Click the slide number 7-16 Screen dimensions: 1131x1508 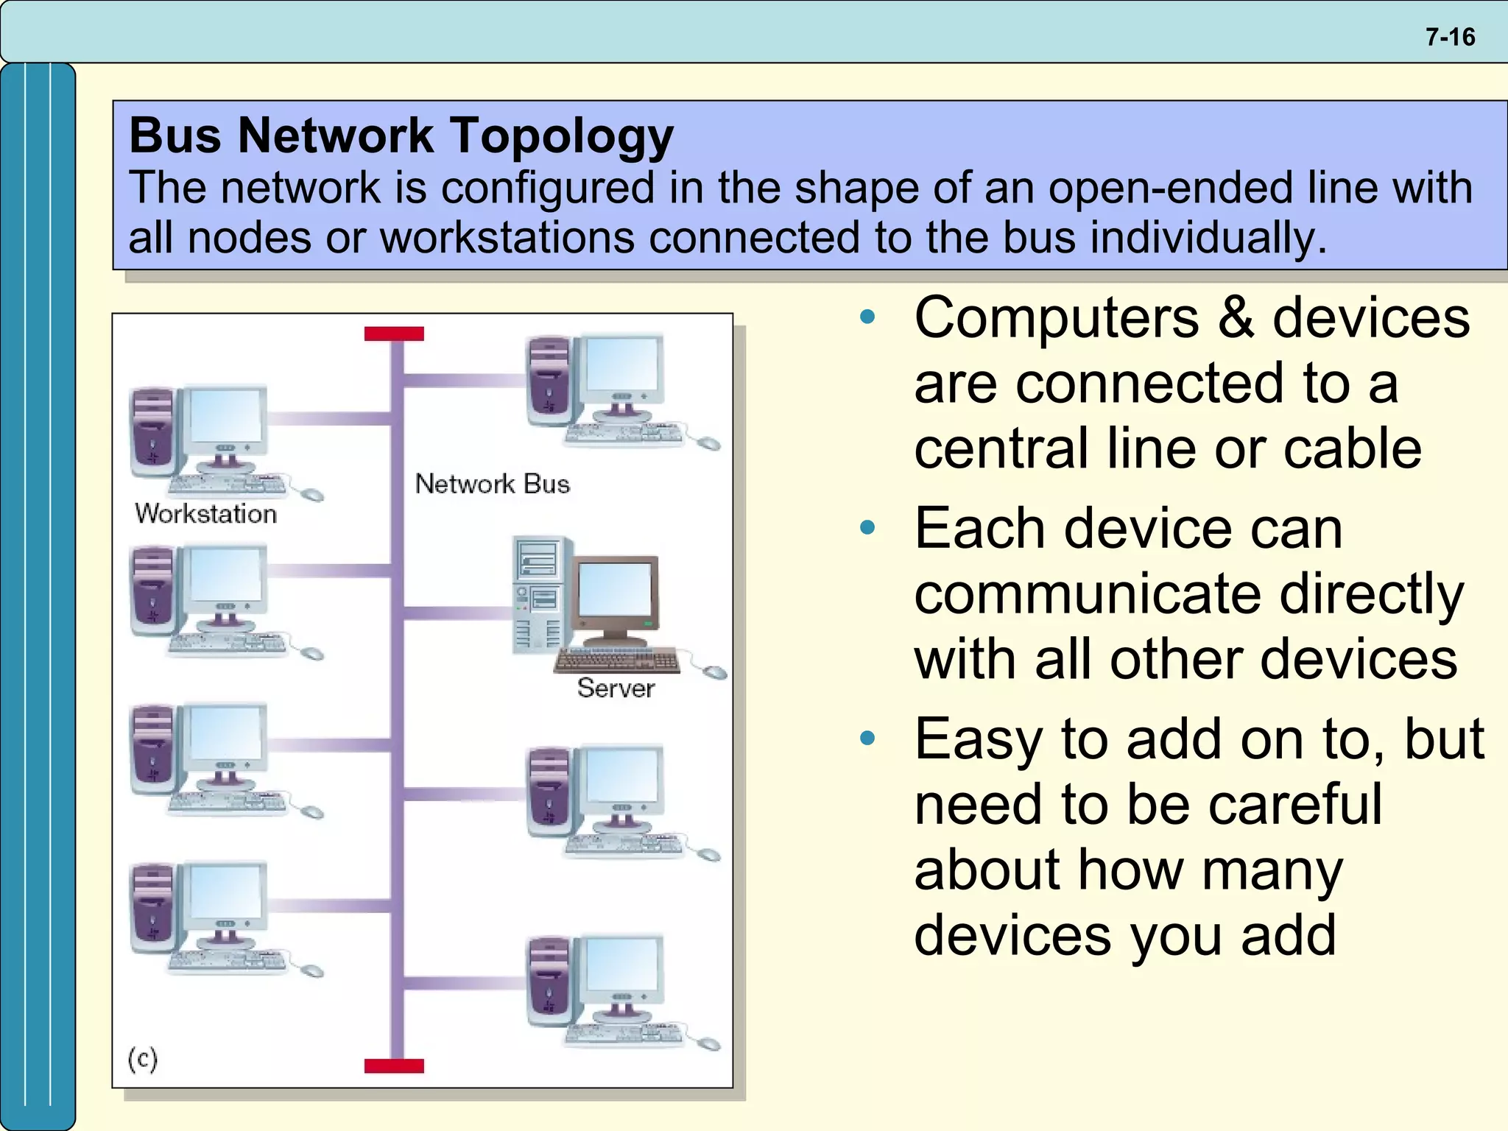pyautogui.click(x=1450, y=37)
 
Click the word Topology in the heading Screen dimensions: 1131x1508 pyautogui.click(x=561, y=136)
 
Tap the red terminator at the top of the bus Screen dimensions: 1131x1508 pyautogui.click(x=394, y=334)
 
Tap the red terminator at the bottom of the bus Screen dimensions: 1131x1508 pyautogui.click(x=394, y=1065)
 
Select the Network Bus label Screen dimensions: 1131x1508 pyautogui.click(x=492, y=485)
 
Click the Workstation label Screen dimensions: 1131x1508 pyautogui.click(x=206, y=514)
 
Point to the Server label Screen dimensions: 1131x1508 pyautogui.click(x=616, y=688)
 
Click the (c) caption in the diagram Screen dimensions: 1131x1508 pyautogui.click(x=142, y=1060)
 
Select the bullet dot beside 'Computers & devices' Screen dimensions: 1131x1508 pyautogui.click(x=868, y=317)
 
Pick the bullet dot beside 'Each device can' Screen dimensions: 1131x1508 pyautogui.click(x=868, y=528)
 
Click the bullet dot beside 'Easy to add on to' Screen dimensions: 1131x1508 pyautogui.click(x=868, y=738)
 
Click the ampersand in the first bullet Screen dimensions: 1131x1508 pyautogui.click(x=1236, y=317)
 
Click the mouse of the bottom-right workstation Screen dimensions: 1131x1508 pyautogui.click(x=708, y=1043)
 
